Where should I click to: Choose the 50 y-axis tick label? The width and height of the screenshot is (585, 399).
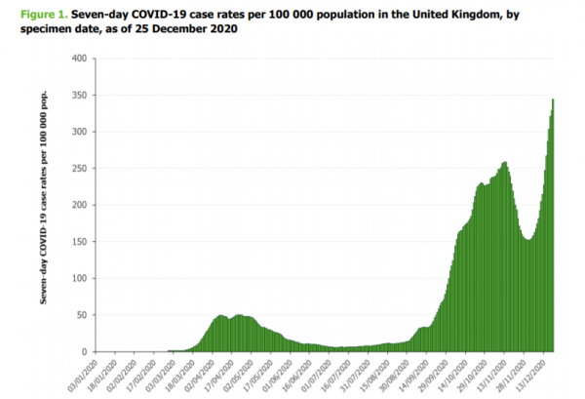pos(88,314)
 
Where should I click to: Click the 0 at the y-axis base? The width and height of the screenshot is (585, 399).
pos(91,351)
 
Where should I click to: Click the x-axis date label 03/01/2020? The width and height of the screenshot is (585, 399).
pos(86,374)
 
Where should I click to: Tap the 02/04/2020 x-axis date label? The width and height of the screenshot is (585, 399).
pos(204,374)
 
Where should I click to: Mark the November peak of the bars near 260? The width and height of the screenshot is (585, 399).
pos(505,164)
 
